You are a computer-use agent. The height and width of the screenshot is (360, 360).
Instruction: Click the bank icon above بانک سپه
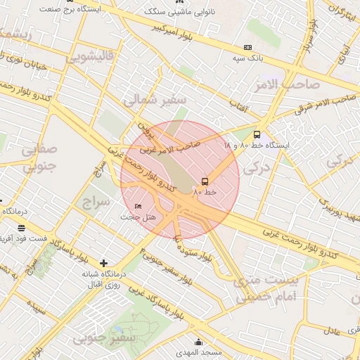pos(247,47)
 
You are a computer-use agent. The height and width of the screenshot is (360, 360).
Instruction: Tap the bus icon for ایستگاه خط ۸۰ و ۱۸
pos(257,134)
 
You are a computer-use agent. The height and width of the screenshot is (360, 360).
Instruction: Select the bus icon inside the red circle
pos(205,181)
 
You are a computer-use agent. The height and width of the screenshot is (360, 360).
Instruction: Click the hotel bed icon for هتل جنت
pos(138,206)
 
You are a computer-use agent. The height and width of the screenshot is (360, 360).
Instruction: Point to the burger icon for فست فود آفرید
pos(21,228)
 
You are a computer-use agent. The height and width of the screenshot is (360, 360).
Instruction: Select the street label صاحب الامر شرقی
pos(323,104)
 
